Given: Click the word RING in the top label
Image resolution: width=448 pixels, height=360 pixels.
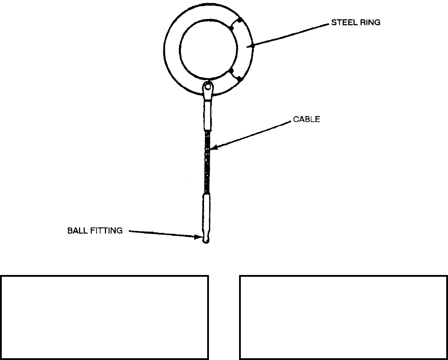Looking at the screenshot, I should [369, 23].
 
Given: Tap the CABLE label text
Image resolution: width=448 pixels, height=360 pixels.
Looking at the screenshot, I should [305, 119].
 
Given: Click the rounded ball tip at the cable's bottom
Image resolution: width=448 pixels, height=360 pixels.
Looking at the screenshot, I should [205, 240].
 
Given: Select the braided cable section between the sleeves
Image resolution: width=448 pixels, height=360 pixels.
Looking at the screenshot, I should [207, 162].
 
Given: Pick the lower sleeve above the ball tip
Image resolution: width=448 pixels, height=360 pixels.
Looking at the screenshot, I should [206, 213].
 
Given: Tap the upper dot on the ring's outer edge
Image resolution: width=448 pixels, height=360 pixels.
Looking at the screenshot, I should [239, 20].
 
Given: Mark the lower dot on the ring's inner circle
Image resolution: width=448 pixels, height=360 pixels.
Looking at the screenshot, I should [231, 71].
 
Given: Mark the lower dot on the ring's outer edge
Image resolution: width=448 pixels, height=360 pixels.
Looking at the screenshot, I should [239, 79].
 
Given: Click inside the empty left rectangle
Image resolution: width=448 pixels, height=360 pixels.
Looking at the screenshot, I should [105, 317].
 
